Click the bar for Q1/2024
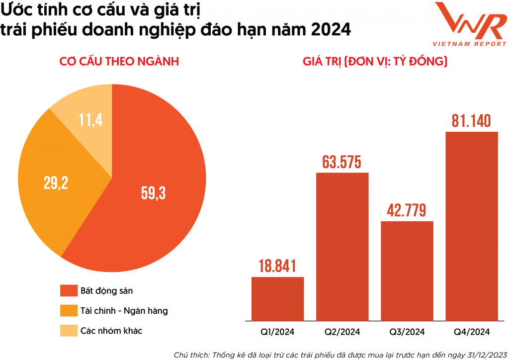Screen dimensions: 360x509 pyautogui.click(x=277, y=298)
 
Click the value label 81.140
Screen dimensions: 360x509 pyautogui.click(x=471, y=120)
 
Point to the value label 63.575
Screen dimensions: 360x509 pyautogui.click(x=342, y=162)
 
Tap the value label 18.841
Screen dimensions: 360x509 pyautogui.click(x=277, y=266)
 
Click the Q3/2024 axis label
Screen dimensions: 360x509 pyautogui.click(x=407, y=332)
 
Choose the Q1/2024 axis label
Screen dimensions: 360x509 pyautogui.click(x=277, y=332)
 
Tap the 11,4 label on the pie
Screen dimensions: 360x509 pyautogui.click(x=90, y=119)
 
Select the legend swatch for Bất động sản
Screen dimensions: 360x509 pyautogui.click(x=69, y=291)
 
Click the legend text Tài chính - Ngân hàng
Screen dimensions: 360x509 pyautogui.click(x=124, y=311)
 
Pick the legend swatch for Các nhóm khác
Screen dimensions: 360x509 pyautogui.click(x=69, y=331)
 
